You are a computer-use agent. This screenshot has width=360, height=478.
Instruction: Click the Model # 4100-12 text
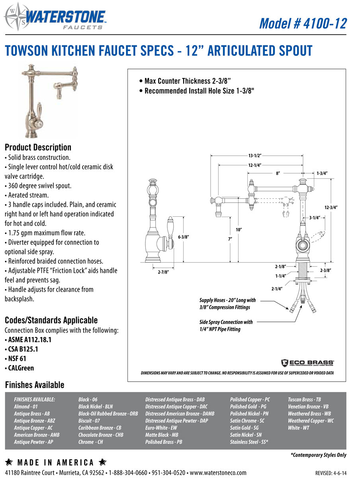coord(303,23)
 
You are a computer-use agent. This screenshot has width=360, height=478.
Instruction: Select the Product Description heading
coord(38,147)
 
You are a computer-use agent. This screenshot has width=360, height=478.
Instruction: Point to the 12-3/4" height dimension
coord(331,208)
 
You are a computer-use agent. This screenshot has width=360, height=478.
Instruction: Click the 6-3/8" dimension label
coord(183,237)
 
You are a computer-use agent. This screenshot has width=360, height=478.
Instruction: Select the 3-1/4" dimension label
coord(315,217)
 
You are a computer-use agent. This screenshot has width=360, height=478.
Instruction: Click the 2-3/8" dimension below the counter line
coord(325,270)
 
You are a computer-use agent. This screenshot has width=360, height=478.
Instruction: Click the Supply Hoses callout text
coord(228,303)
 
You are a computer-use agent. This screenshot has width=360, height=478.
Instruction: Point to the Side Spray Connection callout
coord(226,325)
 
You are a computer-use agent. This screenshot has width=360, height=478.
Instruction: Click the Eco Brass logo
coord(307,362)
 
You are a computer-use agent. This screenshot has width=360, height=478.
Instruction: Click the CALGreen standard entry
coord(19,368)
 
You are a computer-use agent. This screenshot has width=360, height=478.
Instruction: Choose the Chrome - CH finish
coord(91,442)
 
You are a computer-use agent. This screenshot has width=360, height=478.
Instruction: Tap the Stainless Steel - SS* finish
coord(249,442)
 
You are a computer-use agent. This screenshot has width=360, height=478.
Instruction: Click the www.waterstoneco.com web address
coord(218,473)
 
